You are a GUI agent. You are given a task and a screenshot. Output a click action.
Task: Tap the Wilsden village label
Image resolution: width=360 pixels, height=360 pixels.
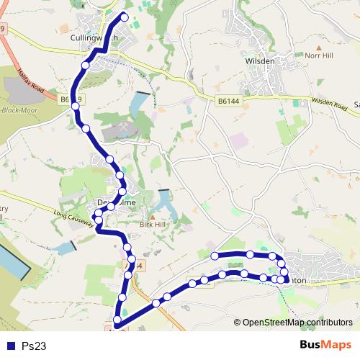[260, 61]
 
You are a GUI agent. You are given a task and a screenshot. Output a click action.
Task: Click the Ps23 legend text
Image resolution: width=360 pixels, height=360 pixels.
[34, 346]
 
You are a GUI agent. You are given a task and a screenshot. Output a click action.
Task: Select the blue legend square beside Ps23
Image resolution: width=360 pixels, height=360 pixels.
[10, 346]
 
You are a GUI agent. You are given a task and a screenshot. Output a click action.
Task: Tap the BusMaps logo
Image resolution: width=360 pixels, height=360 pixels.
[320, 345]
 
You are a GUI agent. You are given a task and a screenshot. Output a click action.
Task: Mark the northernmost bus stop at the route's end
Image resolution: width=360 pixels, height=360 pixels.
[125, 17]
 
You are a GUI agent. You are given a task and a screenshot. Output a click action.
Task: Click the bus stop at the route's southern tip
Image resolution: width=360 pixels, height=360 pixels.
[117, 320]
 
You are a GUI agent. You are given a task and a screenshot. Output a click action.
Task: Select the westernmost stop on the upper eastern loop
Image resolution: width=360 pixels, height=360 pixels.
[215, 256]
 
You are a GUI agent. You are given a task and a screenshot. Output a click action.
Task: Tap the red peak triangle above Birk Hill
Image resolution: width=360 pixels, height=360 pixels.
[152, 215]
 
